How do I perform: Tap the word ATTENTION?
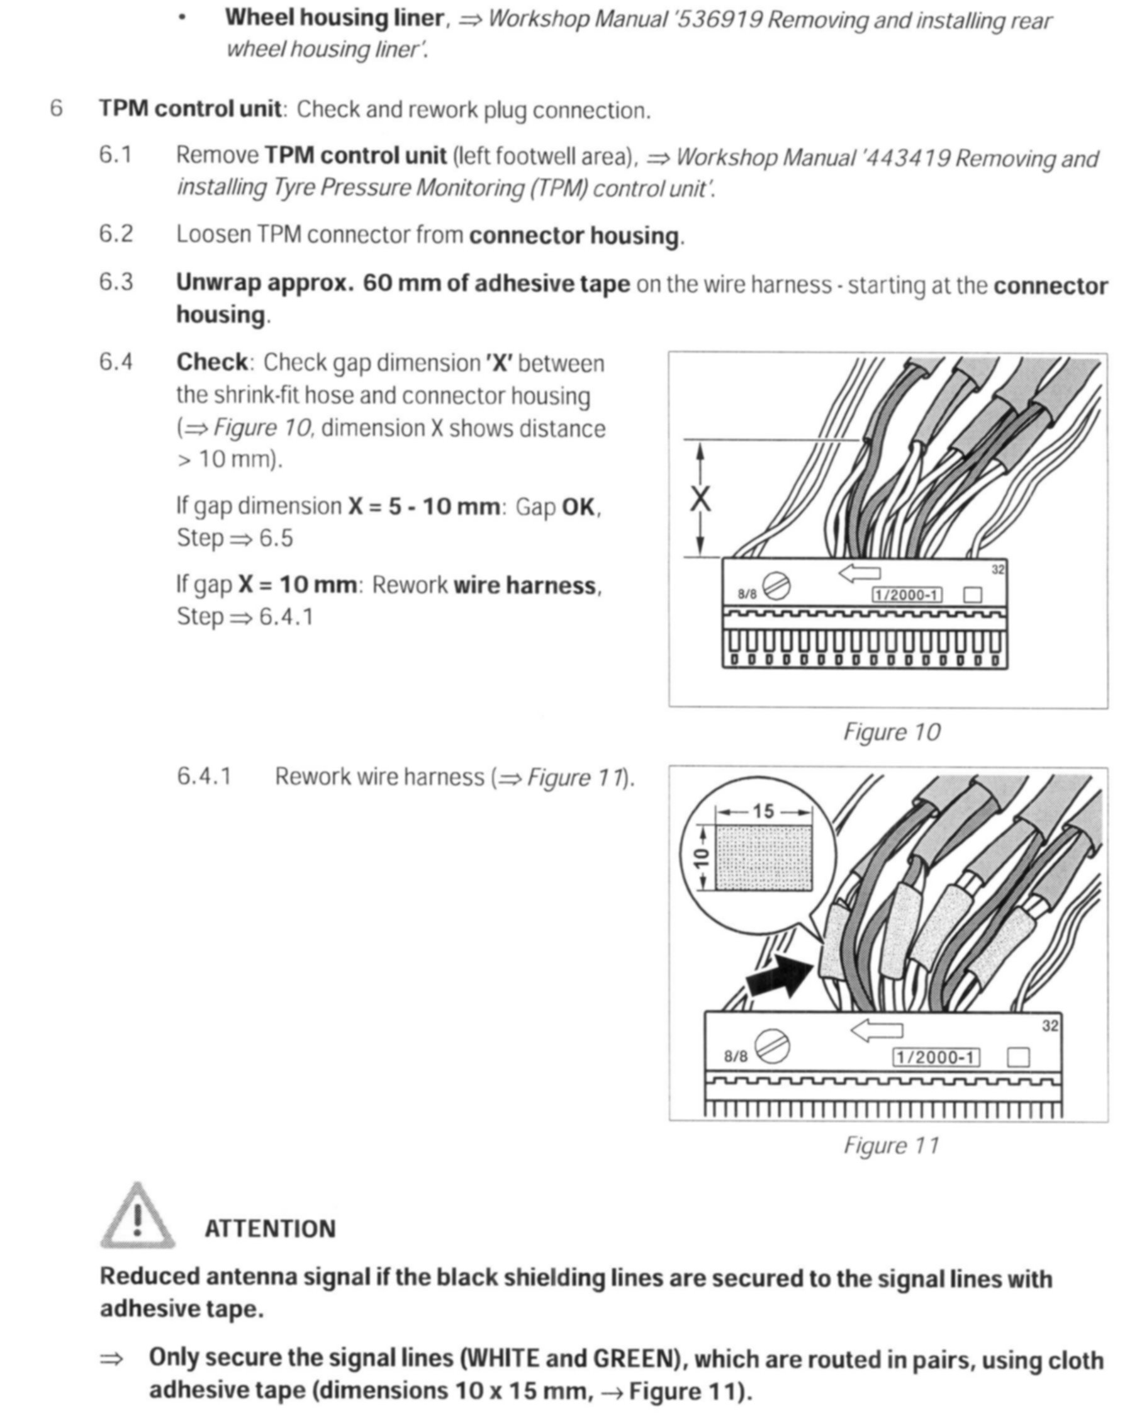pyautogui.click(x=270, y=1229)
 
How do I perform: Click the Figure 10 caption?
pyautogui.click(x=892, y=732)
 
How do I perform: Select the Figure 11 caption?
pyautogui.click(x=892, y=1145)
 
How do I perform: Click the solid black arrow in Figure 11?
pyautogui.click(x=779, y=977)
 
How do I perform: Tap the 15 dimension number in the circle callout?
pyautogui.click(x=763, y=811)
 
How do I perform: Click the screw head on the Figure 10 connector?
pyautogui.click(x=776, y=585)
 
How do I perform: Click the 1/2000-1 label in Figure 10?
pyautogui.click(x=907, y=595)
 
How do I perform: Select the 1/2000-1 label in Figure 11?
pyautogui.click(x=936, y=1057)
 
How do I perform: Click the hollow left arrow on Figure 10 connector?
pyautogui.click(x=860, y=572)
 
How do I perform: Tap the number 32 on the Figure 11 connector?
pyautogui.click(x=1050, y=1026)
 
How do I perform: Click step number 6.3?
pyautogui.click(x=116, y=282)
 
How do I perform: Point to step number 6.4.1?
pyautogui.click(x=204, y=776)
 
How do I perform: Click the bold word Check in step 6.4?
pyautogui.click(x=211, y=363)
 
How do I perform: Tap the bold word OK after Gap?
pyautogui.click(x=578, y=507)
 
